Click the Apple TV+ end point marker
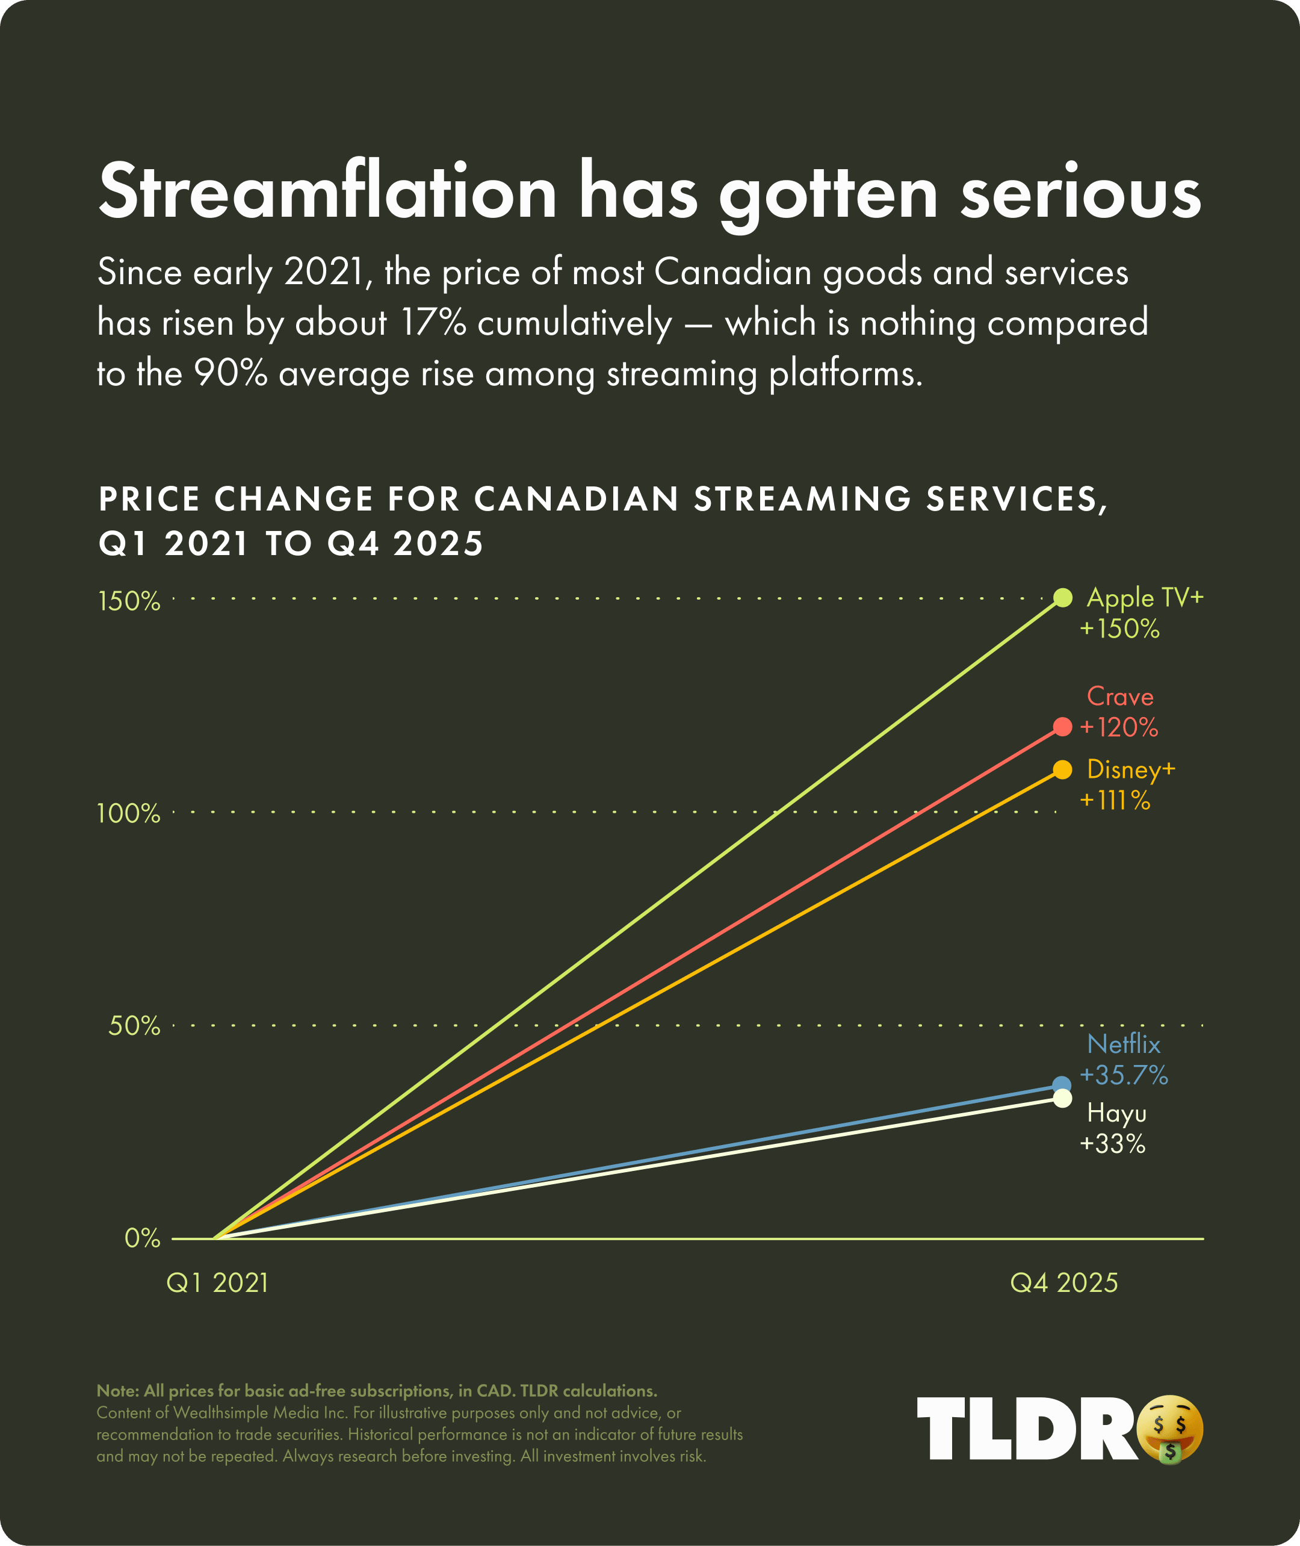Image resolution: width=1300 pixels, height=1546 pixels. (x=1062, y=598)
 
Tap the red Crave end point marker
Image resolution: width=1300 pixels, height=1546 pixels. (x=1062, y=727)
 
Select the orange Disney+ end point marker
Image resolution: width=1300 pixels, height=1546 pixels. (x=1062, y=769)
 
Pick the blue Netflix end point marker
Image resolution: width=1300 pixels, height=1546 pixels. (x=1062, y=1084)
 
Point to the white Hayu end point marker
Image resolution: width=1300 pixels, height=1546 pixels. (x=1062, y=1099)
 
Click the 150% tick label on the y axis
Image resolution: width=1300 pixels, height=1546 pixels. (x=129, y=601)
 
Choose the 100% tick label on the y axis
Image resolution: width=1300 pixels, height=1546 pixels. (x=129, y=814)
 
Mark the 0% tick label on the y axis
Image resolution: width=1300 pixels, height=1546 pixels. (x=142, y=1238)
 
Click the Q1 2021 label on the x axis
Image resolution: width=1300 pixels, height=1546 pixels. (x=217, y=1284)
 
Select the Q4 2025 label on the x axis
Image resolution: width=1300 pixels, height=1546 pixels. (x=1063, y=1284)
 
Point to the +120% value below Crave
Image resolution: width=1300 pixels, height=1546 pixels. (x=1119, y=728)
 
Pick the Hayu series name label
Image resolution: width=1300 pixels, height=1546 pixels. (x=1116, y=1113)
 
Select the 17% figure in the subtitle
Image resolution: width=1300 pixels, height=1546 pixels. (x=433, y=323)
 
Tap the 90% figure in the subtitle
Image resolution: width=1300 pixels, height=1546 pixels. (x=231, y=374)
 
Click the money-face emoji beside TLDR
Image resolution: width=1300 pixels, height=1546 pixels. (x=1169, y=1429)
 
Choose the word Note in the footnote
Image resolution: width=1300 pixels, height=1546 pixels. (x=116, y=1391)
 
